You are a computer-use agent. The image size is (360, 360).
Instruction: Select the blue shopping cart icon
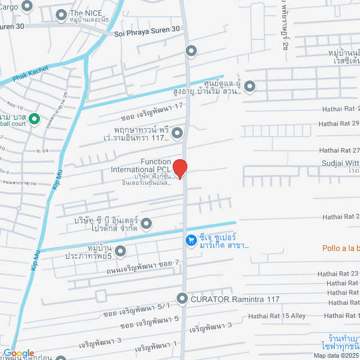(191, 240)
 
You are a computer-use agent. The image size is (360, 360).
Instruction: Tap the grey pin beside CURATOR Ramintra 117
(182, 299)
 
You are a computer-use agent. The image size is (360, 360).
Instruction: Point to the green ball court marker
(33, 119)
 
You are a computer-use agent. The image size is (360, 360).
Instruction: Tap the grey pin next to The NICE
(61, 13)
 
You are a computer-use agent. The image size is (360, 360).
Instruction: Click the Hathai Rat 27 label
(339, 150)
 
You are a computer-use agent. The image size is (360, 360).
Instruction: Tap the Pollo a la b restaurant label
(340, 247)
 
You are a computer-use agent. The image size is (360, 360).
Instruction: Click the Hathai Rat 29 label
(339, 123)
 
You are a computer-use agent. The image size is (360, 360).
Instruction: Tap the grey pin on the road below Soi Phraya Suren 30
(191, 51)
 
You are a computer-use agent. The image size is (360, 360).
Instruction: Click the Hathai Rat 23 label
(337, 273)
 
